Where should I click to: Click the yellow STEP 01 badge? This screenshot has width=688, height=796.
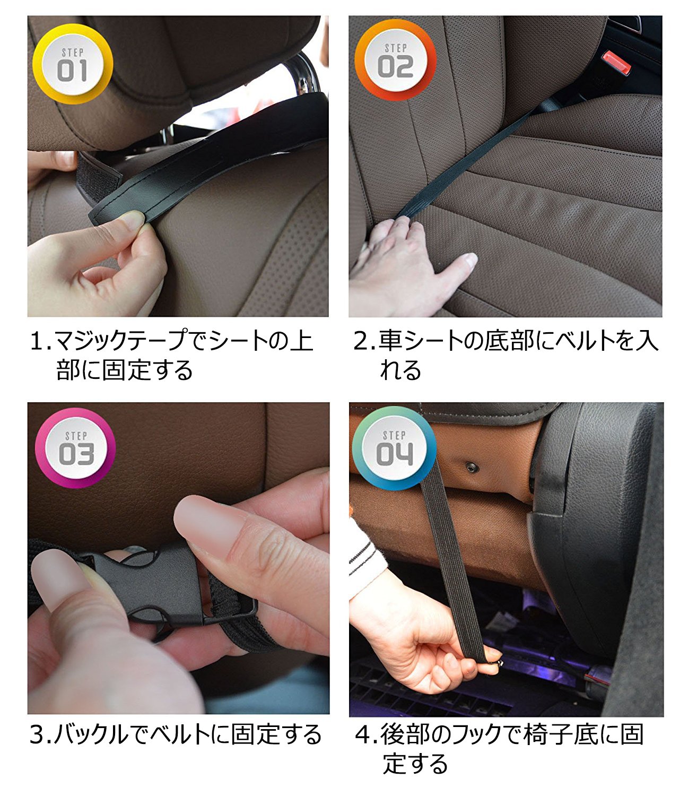tap(73, 64)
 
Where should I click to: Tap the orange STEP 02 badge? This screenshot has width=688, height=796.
tap(395, 60)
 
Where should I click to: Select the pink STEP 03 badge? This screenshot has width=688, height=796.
tap(76, 448)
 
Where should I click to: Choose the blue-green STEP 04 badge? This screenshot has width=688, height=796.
tap(394, 448)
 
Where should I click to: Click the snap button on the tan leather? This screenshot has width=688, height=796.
tap(473, 468)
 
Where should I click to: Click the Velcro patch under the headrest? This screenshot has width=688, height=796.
tap(96, 178)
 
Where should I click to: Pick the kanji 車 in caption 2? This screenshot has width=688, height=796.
tap(391, 341)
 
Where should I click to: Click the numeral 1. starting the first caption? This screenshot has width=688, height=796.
tap(40, 341)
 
